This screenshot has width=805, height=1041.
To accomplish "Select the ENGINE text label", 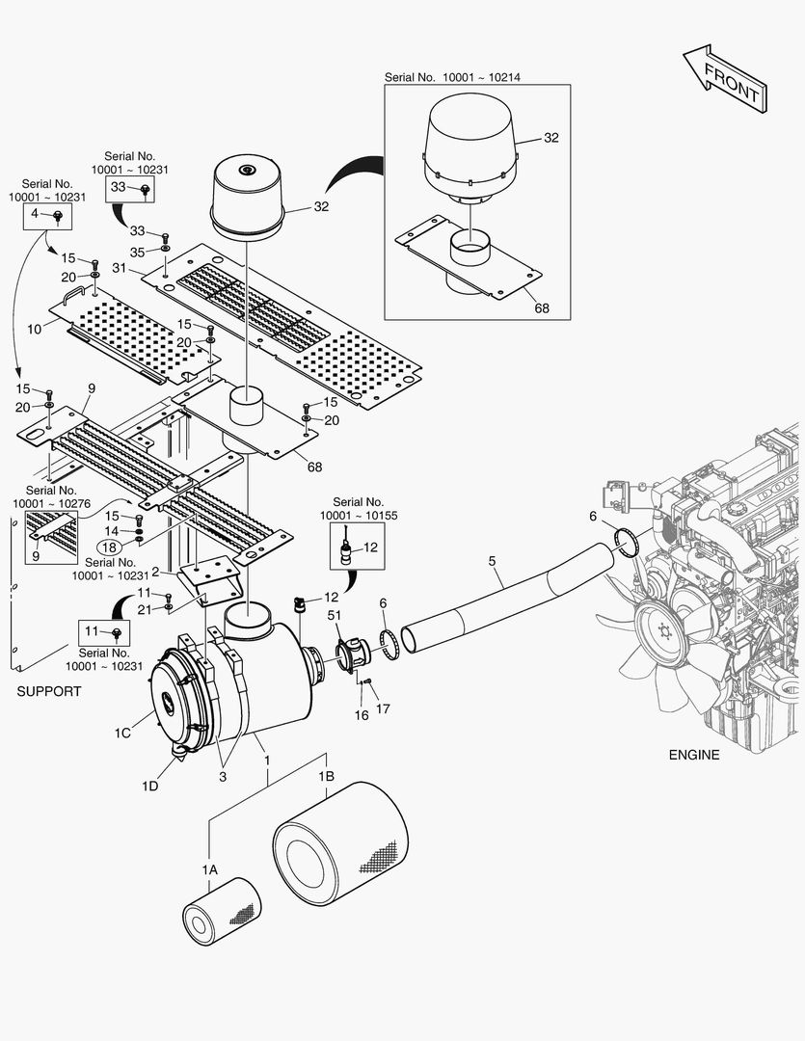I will pos(693,755).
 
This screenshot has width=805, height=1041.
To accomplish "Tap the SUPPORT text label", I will pos(49,691).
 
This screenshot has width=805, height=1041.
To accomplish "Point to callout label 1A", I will pos(210,869).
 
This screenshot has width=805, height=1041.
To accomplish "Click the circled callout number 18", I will pos(108,548).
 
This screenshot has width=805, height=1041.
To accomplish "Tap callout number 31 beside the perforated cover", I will pos(120,267).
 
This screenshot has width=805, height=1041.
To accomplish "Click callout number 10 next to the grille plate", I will pos(34,329).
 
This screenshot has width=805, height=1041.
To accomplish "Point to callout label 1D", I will pos(149,787).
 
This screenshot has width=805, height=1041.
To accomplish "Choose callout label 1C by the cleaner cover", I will pos(122,734).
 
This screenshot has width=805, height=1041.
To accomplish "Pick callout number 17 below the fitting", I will pos(383,709).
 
